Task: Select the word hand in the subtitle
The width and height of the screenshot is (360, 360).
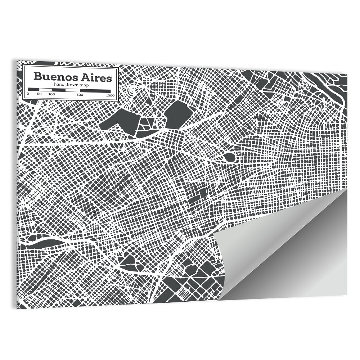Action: click(58, 84)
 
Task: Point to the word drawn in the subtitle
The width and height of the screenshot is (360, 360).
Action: click(70, 84)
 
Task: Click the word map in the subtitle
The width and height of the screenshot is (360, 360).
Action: click(83, 84)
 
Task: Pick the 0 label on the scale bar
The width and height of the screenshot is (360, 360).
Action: click(28, 94)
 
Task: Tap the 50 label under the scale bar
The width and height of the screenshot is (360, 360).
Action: click(39, 94)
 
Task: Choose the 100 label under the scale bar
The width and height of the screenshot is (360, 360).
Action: click(51, 94)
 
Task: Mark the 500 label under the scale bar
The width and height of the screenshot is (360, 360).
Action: click(80, 94)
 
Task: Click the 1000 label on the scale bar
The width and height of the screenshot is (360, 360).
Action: click(110, 95)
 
